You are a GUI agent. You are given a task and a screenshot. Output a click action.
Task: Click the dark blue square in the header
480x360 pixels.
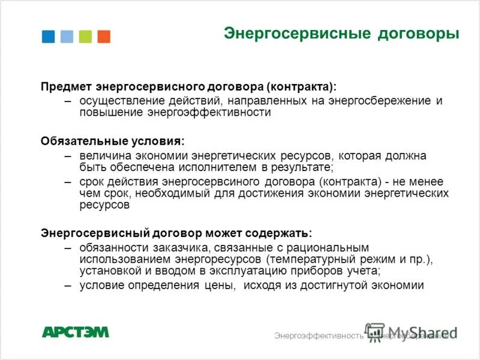pyautogui.click(x=48, y=36)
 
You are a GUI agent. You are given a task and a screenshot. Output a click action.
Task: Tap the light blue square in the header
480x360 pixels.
pyautogui.click(x=67, y=36)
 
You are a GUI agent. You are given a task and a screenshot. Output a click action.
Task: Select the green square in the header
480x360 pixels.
pyautogui.click(x=85, y=36)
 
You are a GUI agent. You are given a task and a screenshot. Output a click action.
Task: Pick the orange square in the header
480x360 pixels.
pyautogui.click(x=104, y=36)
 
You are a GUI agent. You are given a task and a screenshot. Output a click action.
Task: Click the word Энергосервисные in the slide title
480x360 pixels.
pyautogui.click(x=297, y=33)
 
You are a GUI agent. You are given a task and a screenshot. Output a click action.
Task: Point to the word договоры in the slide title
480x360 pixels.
pyautogui.click(x=418, y=33)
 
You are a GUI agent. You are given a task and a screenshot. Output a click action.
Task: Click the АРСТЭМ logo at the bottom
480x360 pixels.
pyautogui.click(x=76, y=332)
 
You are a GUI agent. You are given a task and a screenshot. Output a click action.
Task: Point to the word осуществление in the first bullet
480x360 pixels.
pyautogui.click(x=118, y=100)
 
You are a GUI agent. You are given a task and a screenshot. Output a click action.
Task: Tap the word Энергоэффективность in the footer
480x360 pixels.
pyautogui.click(x=319, y=335)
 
